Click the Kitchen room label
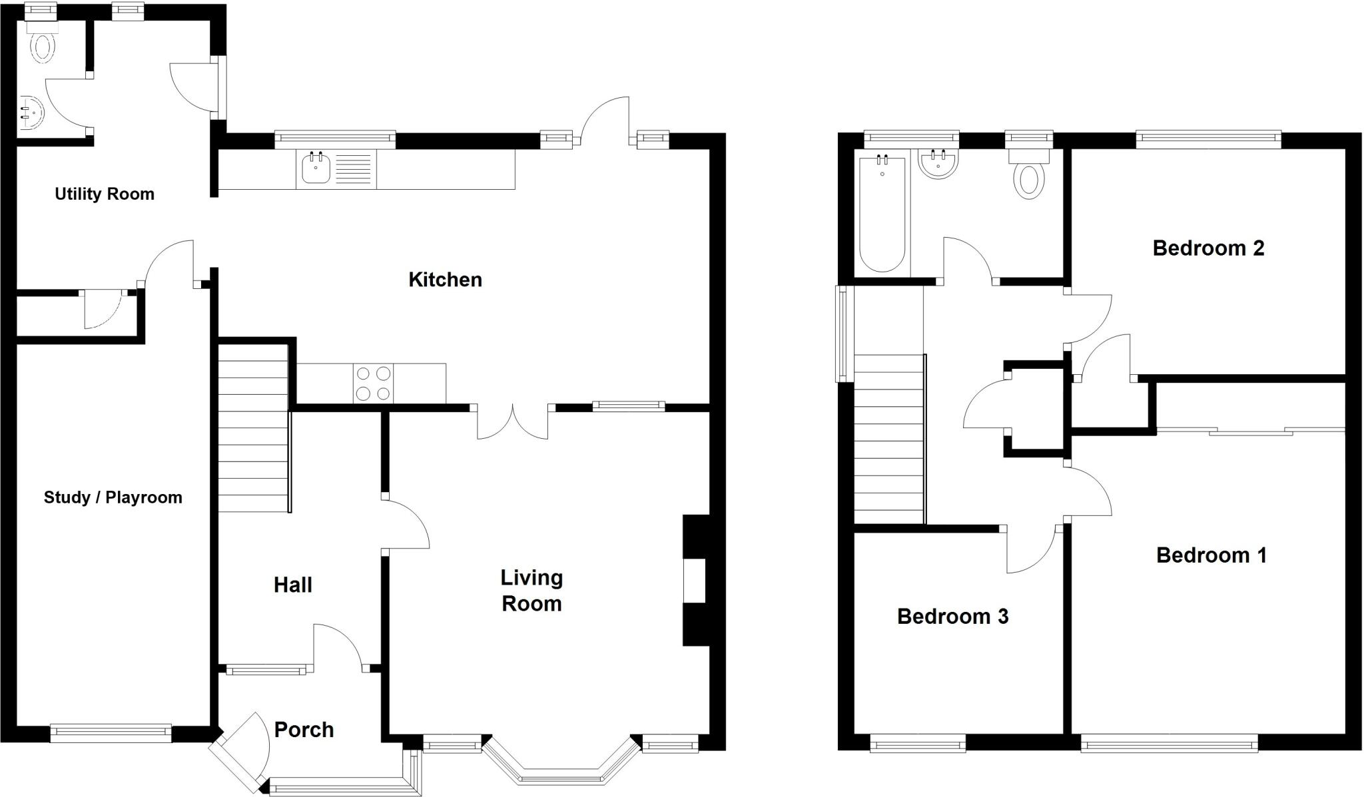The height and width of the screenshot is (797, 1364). [445, 280]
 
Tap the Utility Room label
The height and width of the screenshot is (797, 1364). [105, 194]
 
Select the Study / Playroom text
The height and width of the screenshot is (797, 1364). [113, 497]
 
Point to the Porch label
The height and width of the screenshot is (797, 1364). [304, 730]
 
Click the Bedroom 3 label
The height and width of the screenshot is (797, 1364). [952, 617]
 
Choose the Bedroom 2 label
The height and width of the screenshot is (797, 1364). [1208, 248]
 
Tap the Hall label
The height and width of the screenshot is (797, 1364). [292, 585]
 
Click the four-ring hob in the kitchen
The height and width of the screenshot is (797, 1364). [373, 384]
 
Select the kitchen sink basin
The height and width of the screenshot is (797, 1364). [316, 168]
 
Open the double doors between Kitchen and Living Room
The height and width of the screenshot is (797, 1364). [513, 422]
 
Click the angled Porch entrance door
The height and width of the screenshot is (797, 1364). [238, 751]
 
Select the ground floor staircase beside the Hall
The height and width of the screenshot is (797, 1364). [253, 426]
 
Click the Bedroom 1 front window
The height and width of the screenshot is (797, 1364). [1169, 743]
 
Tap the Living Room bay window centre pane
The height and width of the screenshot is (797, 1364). [559, 778]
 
